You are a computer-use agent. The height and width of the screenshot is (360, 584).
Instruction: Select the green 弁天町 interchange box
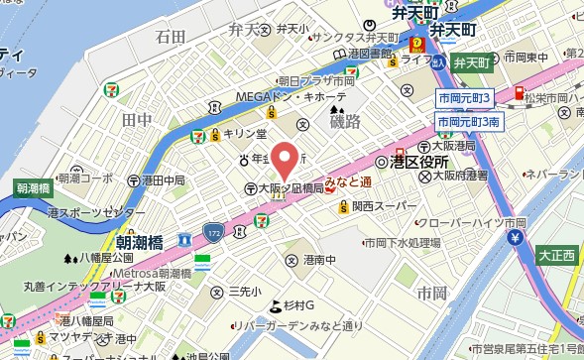[472, 62]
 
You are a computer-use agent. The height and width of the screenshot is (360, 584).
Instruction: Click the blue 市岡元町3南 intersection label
[469, 121]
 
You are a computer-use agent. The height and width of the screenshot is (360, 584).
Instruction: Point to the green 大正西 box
[556, 256]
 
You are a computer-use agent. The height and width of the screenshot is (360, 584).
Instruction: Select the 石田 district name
[171, 37]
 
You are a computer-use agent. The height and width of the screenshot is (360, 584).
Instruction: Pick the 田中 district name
[136, 119]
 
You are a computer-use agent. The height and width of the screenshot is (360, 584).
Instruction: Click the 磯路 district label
[346, 119]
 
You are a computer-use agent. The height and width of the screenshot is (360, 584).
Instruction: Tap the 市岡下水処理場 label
[402, 242]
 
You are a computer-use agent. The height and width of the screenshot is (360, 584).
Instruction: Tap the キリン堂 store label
[243, 133]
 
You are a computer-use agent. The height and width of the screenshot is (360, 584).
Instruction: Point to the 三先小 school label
[243, 292]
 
